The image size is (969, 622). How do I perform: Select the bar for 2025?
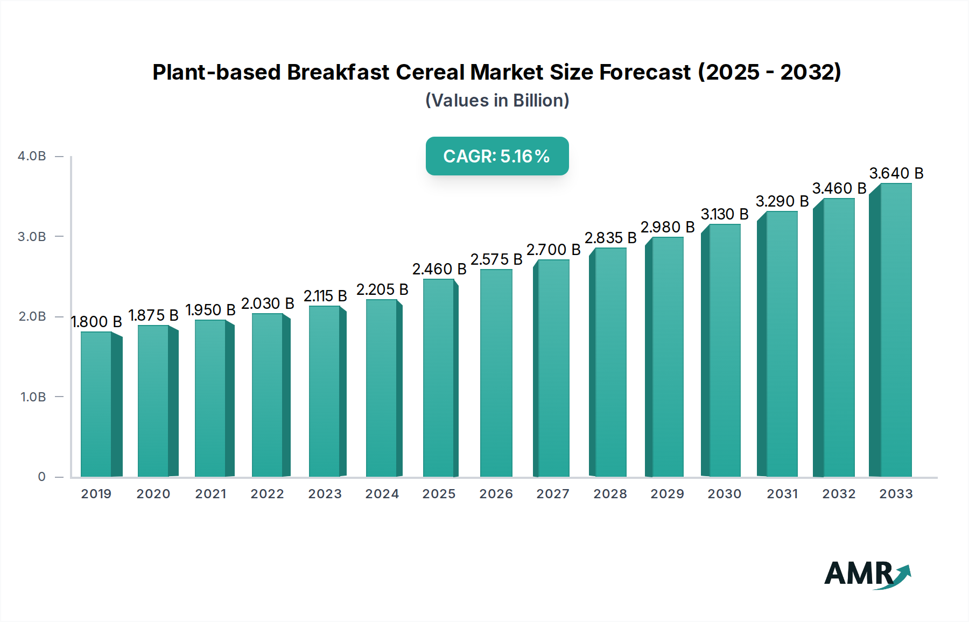click(x=439, y=378)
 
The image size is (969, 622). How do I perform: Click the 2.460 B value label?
click(x=439, y=269)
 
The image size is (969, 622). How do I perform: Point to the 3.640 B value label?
click(x=896, y=173)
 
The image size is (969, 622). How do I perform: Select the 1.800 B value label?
click(x=97, y=322)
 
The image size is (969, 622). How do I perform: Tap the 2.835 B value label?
click(x=610, y=238)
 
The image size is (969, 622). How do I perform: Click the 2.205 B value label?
click(x=382, y=289)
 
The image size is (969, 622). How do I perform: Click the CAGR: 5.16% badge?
click(x=497, y=156)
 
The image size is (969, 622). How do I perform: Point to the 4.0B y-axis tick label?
click(x=32, y=156)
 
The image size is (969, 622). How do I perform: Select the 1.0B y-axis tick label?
click(x=33, y=397)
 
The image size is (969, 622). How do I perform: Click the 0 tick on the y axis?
click(x=41, y=477)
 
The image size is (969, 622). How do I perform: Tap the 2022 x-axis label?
click(x=267, y=494)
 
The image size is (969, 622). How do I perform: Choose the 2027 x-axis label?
click(x=553, y=494)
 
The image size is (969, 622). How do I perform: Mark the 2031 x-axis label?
click(x=782, y=494)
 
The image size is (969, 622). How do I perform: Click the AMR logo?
click(x=867, y=574)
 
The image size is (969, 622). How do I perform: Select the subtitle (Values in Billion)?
click(x=497, y=101)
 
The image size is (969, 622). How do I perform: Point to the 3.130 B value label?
click(x=725, y=214)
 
